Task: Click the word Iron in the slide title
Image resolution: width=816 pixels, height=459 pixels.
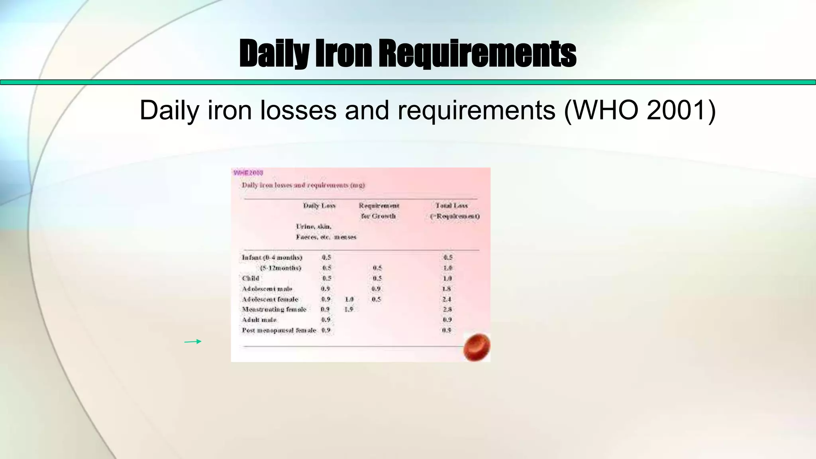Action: click(x=344, y=53)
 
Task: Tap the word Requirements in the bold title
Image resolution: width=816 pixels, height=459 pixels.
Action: click(x=477, y=53)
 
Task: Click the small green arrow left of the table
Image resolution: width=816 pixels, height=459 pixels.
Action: click(x=193, y=341)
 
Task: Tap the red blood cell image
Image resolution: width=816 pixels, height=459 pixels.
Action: click(x=477, y=347)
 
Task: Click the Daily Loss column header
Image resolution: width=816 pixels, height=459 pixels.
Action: click(x=319, y=206)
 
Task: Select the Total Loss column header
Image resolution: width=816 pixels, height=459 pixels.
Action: click(x=451, y=206)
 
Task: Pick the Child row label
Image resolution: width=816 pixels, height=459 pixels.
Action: click(x=251, y=278)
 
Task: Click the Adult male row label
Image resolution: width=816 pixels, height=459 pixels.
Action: click(x=259, y=320)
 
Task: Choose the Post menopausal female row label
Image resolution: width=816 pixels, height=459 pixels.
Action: click(x=279, y=330)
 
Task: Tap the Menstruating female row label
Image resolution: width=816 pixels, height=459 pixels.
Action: click(x=274, y=309)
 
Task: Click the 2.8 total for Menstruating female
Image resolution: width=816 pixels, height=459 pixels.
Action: click(x=447, y=309)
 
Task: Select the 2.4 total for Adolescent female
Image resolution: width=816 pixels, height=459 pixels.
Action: click(x=447, y=299)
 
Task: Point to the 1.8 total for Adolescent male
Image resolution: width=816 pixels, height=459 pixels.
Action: click(x=447, y=288)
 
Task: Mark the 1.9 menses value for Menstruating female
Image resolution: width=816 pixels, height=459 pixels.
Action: click(x=349, y=309)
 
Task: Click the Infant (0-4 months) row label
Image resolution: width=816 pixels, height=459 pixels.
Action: click(x=272, y=257)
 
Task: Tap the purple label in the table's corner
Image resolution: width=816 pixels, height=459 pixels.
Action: click(x=248, y=173)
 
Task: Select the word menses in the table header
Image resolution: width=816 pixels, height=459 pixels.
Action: click(x=345, y=237)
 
